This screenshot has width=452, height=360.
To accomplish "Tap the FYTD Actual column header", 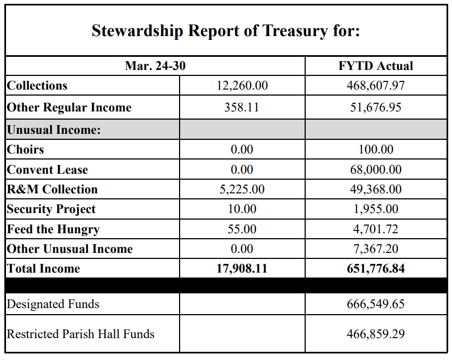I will (x=376, y=66).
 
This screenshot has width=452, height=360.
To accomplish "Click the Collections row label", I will (x=37, y=86).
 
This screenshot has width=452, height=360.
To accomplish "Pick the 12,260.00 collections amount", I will (x=242, y=86).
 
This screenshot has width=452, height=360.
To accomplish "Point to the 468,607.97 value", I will (x=376, y=86).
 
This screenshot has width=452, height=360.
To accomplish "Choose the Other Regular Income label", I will (x=69, y=108).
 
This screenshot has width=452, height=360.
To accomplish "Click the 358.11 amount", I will (x=242, y=108).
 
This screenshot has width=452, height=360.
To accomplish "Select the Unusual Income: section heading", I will (x=54, y=130).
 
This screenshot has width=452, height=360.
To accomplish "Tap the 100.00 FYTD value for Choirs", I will (x=376, y=150).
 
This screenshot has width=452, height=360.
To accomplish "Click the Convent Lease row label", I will (x=47, y=170).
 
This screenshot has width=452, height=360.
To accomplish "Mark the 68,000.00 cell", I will (x=376, y=170).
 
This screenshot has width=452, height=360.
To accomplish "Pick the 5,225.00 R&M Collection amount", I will (x=242, y=190).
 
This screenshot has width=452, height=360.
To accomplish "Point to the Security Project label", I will (x=51, y=209).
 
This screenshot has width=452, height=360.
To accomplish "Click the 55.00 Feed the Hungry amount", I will (x=242, y=229).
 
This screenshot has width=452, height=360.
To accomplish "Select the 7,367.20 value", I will (x=376, y=249).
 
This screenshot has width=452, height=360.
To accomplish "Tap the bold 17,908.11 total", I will (x=242, y=269).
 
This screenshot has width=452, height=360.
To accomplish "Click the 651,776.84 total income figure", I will (x=376, y=269).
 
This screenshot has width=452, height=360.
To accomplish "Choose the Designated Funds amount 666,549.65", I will (x=376, y=304).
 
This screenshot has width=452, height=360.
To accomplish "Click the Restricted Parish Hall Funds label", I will (x=81, y=334).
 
